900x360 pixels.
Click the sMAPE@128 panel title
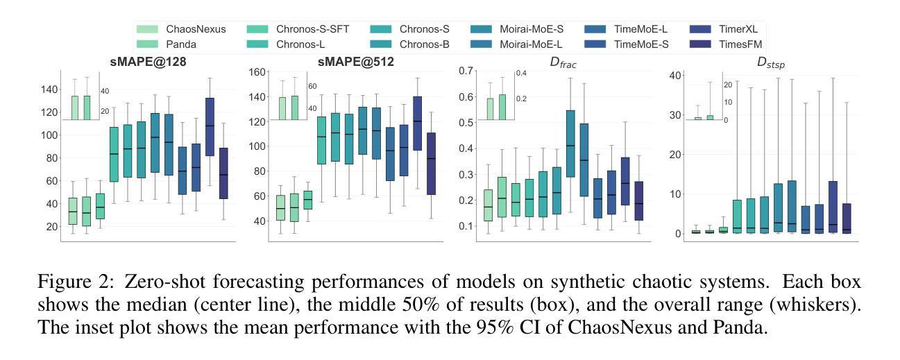point(147,62)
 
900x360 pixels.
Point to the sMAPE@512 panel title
point(356,62)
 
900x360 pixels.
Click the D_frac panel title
point(563,62)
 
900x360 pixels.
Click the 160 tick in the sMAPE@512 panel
point(257,72)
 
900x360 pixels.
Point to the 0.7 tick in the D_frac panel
point(464,71)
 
